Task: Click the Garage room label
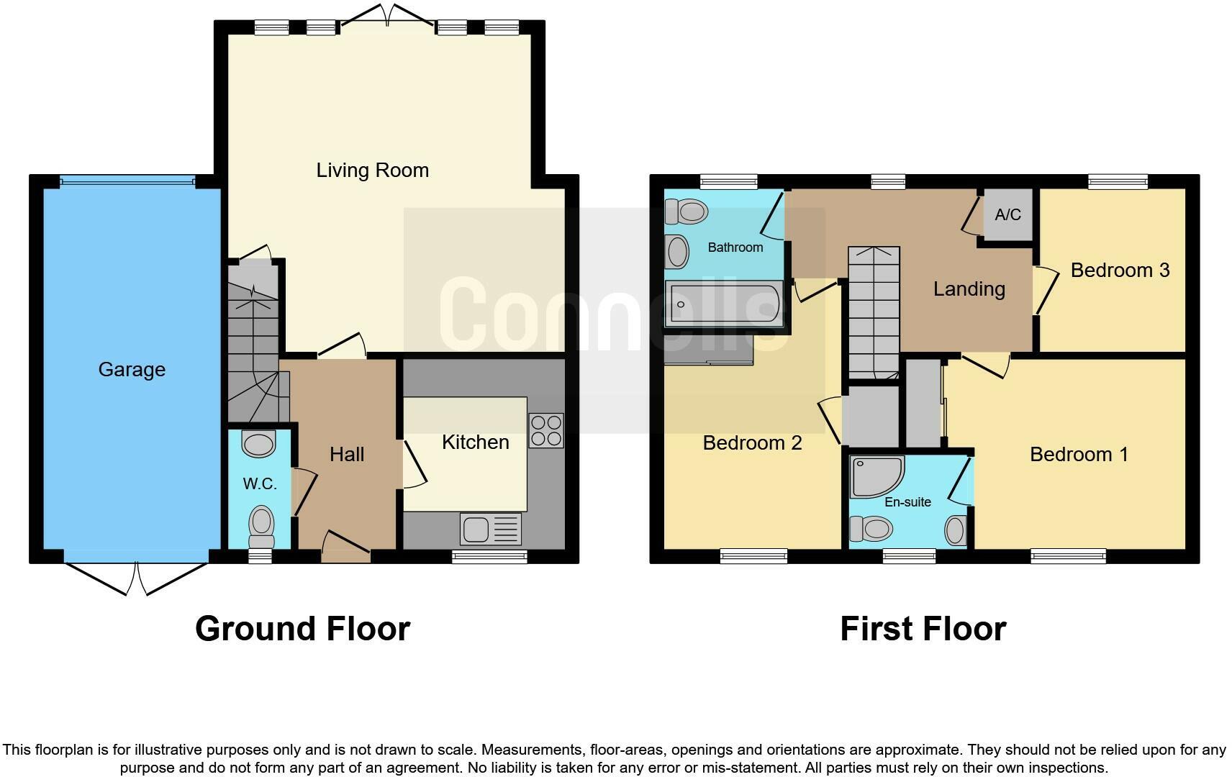132,370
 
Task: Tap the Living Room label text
372,171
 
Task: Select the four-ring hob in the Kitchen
545,430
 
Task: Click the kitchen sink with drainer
490,530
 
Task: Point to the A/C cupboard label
1007,214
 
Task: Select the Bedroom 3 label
1120,271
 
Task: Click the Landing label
969,289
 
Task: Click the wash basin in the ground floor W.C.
259,443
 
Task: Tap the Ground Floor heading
302,629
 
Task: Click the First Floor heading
923,629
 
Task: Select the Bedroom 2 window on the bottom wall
753,555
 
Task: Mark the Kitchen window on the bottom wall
489,555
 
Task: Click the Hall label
347,455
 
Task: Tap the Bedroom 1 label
1078,455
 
